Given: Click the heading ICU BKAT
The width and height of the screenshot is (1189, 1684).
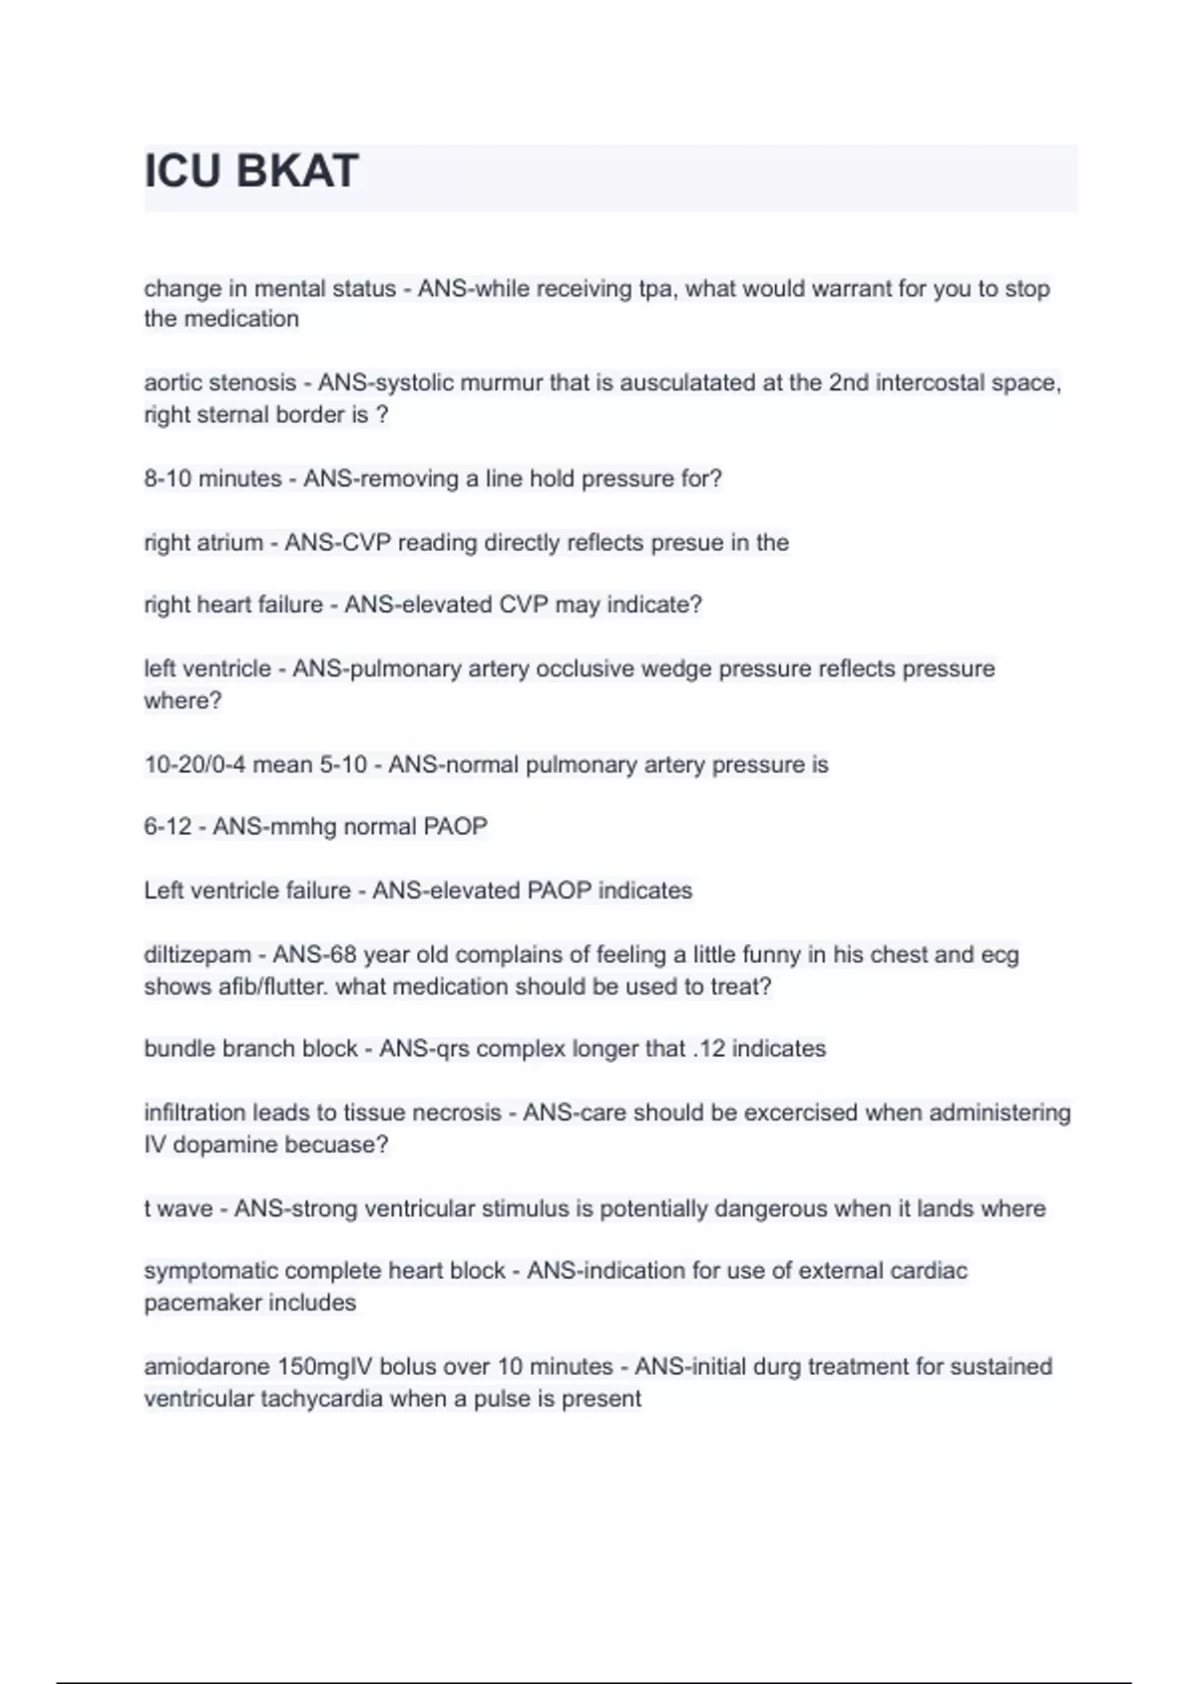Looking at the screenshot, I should coord(251,171).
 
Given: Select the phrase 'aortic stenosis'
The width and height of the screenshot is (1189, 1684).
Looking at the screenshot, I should coord(220,382).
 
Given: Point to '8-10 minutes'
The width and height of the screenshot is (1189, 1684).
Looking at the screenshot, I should coord(213,478).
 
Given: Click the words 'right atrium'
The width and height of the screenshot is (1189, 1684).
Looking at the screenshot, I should coord(203,543).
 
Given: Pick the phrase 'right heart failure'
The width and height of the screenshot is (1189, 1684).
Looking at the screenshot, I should coord(233,604).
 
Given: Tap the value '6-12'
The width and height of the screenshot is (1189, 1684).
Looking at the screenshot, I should coord(167,826).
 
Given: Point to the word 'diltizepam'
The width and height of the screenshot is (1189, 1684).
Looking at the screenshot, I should coord(197,955).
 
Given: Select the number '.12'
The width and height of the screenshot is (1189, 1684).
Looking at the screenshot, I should coord(708,1048).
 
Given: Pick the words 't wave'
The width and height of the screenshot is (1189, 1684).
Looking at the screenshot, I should coord(178,1209).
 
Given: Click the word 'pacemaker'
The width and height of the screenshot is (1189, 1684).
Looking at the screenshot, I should coord(198,1303).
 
